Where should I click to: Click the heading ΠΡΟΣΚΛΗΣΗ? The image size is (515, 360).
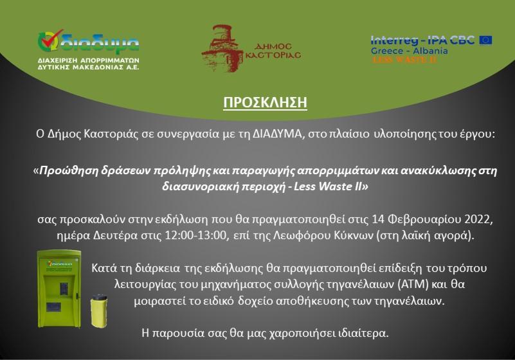coord(265,102)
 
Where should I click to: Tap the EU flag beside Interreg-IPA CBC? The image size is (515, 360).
coord(485,40)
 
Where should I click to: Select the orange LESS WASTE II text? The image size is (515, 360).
coord(404,59)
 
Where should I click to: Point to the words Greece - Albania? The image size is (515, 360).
coord(410,51)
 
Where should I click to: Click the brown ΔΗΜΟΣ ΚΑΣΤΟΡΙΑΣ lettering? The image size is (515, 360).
coord(273,51)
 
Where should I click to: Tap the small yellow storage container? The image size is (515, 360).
coord(99,310)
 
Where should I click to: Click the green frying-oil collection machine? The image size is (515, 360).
coord(59,289)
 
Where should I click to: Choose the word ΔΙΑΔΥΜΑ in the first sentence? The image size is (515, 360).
coord(277,134)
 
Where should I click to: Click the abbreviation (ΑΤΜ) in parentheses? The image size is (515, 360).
coord(413,284)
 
